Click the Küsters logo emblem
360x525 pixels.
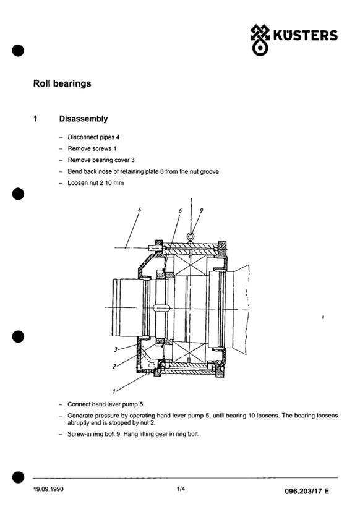click(260, 40)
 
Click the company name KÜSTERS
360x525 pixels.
click(306, 35)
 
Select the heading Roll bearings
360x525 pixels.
click(62, 83)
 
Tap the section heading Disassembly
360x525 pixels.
click(84, 119)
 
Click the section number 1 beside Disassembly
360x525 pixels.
click(35, 119)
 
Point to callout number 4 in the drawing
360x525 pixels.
click(139, 210)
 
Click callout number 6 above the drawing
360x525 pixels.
click(180, 211)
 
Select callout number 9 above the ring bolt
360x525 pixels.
click(201, 211)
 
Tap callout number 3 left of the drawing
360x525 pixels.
click(115, 349)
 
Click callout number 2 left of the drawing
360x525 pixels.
click(114, 367)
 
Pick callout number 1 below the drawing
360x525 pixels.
click(114, 391)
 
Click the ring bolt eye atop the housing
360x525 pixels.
click(191, 236)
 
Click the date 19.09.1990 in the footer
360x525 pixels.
click(48, 489)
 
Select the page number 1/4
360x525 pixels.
click(181, 489)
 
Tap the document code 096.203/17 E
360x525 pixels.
click(307, 491)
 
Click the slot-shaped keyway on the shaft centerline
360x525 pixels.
click(161, 308)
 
